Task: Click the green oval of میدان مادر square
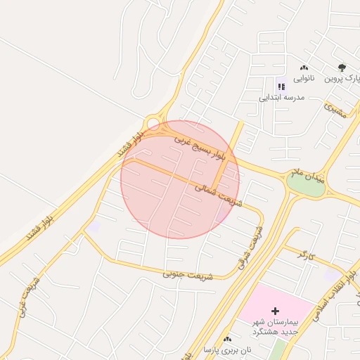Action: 306,184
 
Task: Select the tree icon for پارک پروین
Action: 342,68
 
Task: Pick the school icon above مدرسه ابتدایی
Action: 281,86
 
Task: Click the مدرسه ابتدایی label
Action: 281,98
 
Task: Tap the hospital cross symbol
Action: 275,311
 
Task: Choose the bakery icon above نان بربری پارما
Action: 227,339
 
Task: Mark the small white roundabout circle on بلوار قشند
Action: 153,123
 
